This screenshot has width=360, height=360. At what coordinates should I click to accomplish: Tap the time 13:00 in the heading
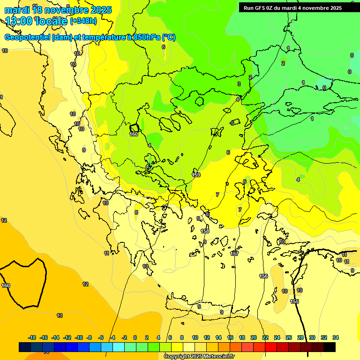pyautogui.click(x=19, y=21)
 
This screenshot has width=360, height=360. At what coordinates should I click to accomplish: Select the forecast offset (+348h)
pyautogui.click(x=83, y=21)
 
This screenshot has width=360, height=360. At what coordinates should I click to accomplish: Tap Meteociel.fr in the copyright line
pyautogui.click(x=216, y=357)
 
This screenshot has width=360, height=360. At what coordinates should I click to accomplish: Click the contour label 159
pyautogui.click(x=196, y=175)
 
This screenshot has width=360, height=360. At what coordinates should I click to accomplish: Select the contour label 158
pyautogui.click(x=205, y=231)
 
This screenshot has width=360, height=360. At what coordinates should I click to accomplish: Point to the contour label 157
pyautogui.click(x=235, y=254)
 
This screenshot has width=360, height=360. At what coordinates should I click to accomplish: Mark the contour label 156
pyautogui.click(x=263, y=276)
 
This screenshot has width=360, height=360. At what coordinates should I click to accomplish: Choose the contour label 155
pyautogui.click(x=294, y=301)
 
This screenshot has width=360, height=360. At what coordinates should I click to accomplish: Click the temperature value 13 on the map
pyautogui.click(x=60, y=315)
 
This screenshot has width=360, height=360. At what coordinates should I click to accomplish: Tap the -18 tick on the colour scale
pyautogui.click(x=32, y=337)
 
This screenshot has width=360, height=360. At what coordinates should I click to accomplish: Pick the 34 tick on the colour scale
pyautogui.click(x=336, y=337)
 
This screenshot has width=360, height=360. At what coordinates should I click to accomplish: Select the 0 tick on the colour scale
pyautogui.click(x=135, y=337)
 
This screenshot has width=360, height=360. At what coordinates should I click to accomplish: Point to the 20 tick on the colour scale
pyautogui.click(x=254, y=337)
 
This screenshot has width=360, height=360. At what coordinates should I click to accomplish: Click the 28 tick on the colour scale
pyautogui.click(x=300, y=337)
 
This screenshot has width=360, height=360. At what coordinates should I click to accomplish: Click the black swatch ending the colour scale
pyautogui.click(x=330, y=347)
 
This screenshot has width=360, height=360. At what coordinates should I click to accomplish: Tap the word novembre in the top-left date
pyautogui.click(x=68, y=10)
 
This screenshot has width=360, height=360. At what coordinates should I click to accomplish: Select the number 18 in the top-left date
pyautogui.click(x=37, y=10)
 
